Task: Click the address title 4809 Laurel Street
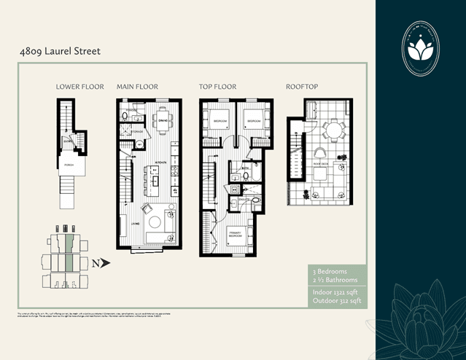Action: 60,52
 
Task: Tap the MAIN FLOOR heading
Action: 137,87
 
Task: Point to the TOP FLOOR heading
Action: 217,87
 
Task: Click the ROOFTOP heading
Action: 301,87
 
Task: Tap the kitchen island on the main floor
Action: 155,179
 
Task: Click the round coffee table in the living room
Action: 155,218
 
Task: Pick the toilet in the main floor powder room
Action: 125,116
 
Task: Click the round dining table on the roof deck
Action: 334,130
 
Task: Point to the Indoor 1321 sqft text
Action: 333,291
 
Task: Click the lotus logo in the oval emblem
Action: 421,50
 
